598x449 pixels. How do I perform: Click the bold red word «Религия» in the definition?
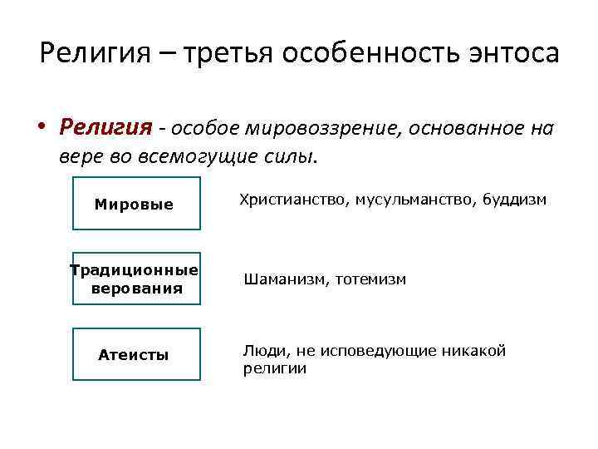[105, 127]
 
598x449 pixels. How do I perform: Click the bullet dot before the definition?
[41, 128]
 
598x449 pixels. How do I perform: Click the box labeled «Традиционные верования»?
[136, 279]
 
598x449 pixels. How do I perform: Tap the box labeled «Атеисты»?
[136, 355]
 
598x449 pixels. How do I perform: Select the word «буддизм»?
[517, 200]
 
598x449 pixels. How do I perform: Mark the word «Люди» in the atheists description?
[261, 351]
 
